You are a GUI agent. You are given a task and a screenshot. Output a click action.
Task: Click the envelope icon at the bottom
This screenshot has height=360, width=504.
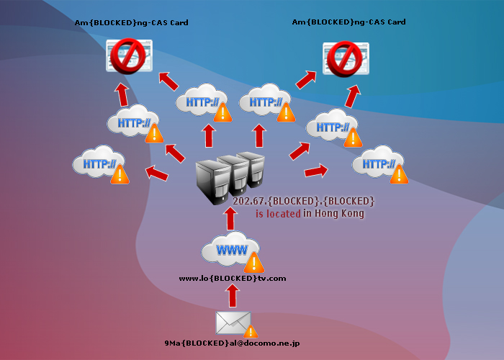point(233,323)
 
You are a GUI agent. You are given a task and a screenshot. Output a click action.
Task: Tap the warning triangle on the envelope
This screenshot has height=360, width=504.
point(250,331)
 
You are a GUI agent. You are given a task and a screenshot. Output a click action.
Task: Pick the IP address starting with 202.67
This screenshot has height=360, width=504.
point(304,200)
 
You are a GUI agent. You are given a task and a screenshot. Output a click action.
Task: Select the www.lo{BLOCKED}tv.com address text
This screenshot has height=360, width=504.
point(233,278)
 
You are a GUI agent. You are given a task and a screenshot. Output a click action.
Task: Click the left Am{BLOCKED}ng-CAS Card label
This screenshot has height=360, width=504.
point(132,23)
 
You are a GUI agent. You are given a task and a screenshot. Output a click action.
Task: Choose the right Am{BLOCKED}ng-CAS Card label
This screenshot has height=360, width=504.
point(349,22)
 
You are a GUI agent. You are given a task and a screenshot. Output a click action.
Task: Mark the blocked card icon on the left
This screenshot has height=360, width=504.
point(128,57)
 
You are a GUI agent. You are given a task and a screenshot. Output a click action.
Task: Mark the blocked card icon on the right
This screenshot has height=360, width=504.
point(346,58)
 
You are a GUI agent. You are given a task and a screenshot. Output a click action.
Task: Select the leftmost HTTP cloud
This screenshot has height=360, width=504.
point(99,164)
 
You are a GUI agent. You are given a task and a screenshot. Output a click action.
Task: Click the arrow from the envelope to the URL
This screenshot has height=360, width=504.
point(232,296)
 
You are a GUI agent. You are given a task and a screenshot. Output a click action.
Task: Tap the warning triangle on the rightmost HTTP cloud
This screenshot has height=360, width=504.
point(398,174)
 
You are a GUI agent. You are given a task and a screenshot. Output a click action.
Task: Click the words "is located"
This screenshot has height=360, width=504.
point(278,214)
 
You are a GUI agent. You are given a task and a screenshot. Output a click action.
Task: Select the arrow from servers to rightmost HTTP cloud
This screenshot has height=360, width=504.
point(315,171)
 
